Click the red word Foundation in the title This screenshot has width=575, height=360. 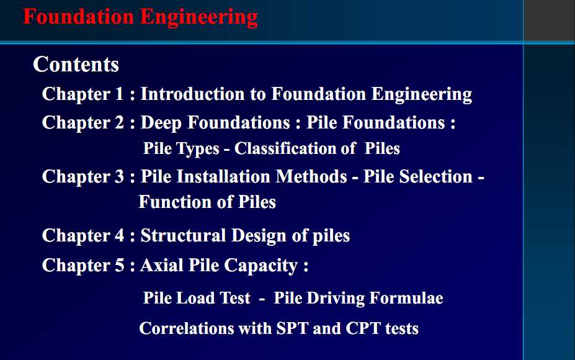[x=79, y=17]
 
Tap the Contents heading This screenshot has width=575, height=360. [x=76, y=65]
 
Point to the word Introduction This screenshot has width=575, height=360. [x=192, y=94]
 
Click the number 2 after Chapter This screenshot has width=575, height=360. [x=120, y=122]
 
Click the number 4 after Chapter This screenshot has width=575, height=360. [x=120, y=236]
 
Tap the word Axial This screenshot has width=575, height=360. [x=162, y=265]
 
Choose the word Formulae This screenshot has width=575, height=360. [x=406, y=298]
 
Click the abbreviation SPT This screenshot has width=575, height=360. [x=292, y=328]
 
